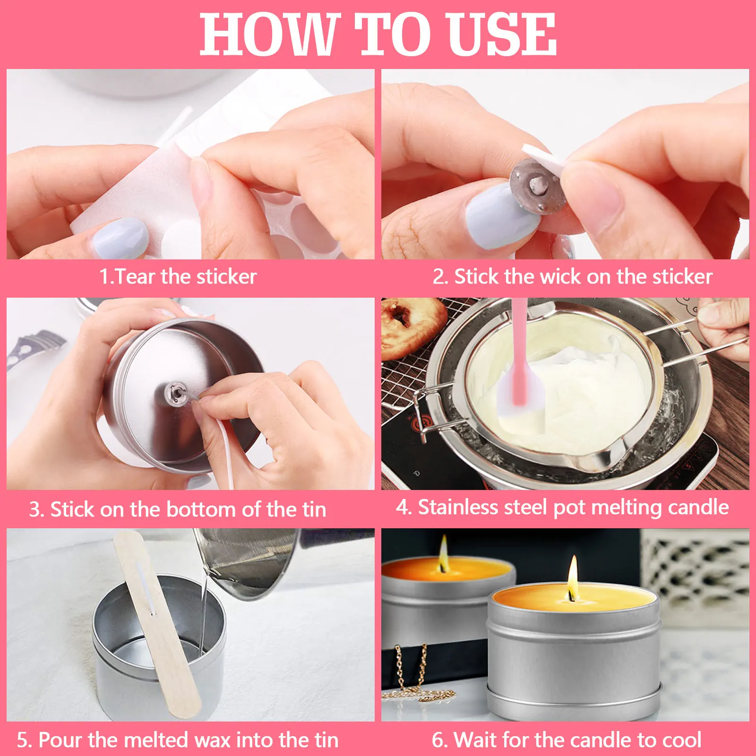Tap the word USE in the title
coord(501,34)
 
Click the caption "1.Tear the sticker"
coord(178,276)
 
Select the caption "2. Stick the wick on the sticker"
coord(572,276)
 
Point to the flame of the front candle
coord(573,575)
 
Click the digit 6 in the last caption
coord(438,740)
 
